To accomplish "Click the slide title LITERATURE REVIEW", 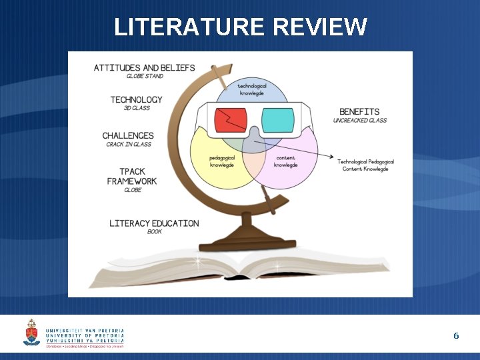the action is coord(240,27).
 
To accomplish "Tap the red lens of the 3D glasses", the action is coord(231,120).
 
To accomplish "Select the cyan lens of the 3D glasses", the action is coord(277,120).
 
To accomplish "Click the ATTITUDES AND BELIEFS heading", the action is coord(145,67).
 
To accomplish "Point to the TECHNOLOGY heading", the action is coord(137,100).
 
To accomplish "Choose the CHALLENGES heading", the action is coord(128,135).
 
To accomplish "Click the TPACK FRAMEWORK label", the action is coord(132,176).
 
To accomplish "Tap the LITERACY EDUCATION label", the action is coord(154,223).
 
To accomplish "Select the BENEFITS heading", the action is coord(359,111).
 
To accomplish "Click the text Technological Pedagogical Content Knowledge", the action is coord(365,165).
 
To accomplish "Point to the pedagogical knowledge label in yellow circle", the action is coord(222,161).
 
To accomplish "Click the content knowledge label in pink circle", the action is coord(285,161).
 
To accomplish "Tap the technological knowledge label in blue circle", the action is coord(252,89).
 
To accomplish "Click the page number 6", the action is coord(456,335).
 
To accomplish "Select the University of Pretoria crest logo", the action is coord(31,332).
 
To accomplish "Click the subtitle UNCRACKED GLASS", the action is coord(360,121).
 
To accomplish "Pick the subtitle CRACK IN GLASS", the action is coord(129,145).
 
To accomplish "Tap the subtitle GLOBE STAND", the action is coord(145,77).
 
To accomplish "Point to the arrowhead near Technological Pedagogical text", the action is coord(331,157).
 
